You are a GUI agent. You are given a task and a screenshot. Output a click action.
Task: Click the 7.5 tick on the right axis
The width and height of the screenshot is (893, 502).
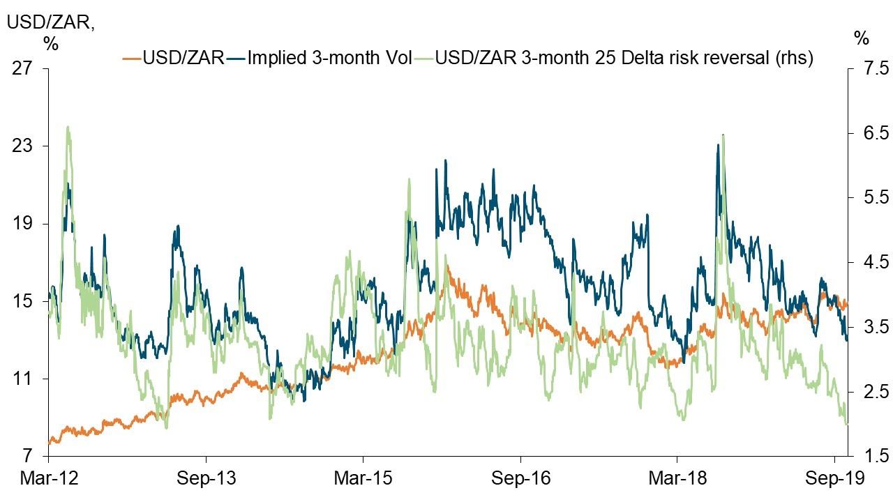869,69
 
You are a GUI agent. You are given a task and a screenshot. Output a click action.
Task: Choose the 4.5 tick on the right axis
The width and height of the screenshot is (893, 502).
869,263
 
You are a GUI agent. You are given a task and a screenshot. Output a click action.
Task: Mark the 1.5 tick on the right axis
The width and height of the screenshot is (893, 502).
869,457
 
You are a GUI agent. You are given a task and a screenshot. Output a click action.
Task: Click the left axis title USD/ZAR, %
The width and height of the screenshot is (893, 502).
50,31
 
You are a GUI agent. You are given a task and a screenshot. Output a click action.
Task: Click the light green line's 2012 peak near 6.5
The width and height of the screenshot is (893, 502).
68,127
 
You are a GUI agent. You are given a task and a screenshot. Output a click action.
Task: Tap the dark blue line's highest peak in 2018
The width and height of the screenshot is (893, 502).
717,146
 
